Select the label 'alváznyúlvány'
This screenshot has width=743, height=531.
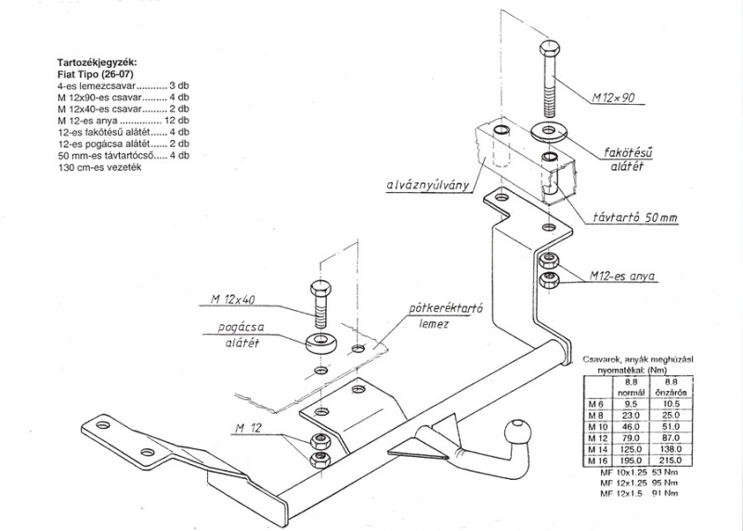tap(425, 184)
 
